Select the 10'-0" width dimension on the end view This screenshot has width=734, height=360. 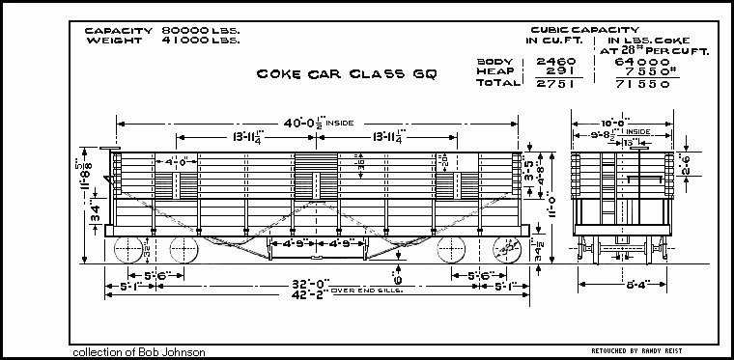(621, 123)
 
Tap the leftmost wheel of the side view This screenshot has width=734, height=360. (127, 253)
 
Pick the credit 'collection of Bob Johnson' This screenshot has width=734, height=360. (138, 352)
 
